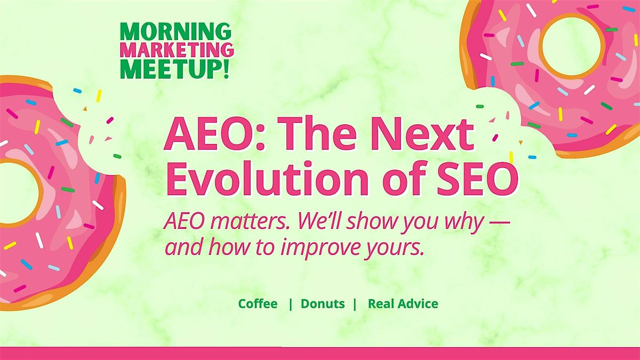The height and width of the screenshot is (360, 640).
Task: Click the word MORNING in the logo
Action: click(x=175, y=31)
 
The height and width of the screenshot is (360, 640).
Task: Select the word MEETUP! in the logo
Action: click(x=175, y=69)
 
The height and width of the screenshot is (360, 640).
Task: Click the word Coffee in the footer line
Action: click(x=258, y=303)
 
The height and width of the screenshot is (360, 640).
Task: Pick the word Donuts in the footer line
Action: click(x=323, y=303)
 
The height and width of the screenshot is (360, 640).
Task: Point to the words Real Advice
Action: click(x=403, y=303)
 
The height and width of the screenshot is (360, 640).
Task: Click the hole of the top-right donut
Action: click(x=572, y=45)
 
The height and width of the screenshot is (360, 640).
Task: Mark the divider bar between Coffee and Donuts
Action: click(x=291, y=304)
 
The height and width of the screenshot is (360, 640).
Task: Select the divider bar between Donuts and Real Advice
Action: click(x=355, y=304)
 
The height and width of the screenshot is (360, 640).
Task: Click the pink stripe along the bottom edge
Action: click(x=320, y=354)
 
